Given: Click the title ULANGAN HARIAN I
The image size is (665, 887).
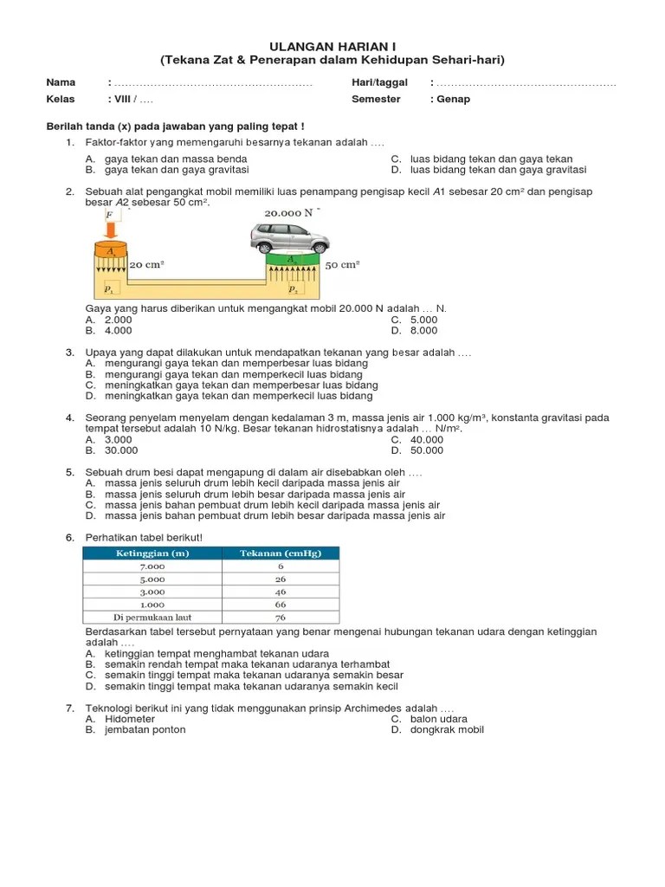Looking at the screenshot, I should (x=332, y=45).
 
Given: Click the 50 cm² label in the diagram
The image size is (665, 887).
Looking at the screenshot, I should (x=342, y=264).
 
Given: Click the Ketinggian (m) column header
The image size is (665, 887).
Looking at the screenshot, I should (x=152, y=554).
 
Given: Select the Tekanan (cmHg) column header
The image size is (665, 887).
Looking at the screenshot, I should (x=281, y=554).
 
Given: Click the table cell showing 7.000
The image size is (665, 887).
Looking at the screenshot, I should (x=152, y=567).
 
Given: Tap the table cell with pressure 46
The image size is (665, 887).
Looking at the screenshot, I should (x=281, y=592).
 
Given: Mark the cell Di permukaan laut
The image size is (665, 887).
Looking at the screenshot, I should (x=152, y=617).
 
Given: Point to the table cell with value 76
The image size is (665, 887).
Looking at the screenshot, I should (x=281, y=617).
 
